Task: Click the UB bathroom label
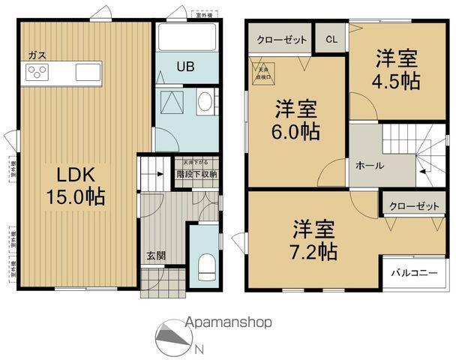tap(185, 67)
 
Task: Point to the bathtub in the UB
tap(187, 37)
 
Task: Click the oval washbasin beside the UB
tap(205, 104)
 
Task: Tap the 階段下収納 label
tap(197, 174)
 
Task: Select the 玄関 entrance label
tap(156, 255)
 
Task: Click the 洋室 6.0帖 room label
tap(296, 120)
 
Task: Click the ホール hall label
tap(370, 166)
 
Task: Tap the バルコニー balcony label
tap(413, 273)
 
